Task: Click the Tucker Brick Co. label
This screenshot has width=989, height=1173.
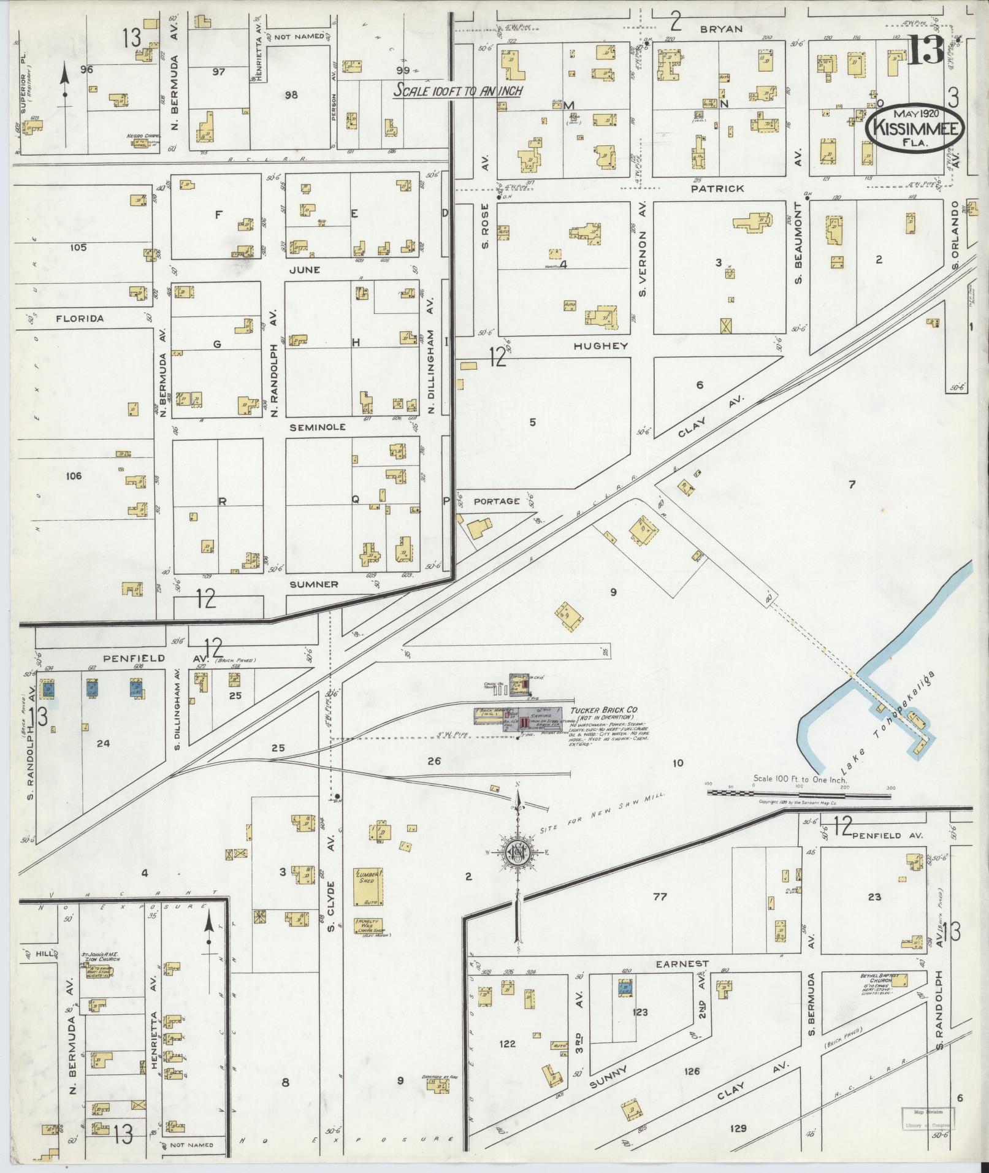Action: [x=604, y=709]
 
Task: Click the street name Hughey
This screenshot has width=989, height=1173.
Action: [x=601, y=346]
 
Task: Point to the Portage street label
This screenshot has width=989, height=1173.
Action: [x=497, y=501]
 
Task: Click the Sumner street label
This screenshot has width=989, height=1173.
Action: [x=314, y=584]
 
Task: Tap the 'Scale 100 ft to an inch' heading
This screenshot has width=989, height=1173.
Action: [x=457, y=91]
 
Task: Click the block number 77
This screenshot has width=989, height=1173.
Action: [x=660, y=896]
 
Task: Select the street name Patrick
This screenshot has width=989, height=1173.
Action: [x=717, y=188]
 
